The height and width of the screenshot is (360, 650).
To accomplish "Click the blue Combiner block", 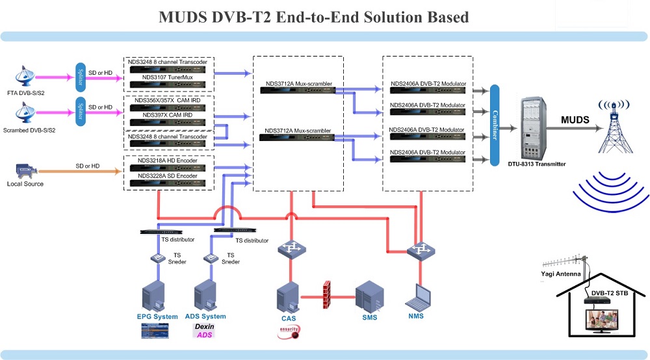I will click(x=494, y=124).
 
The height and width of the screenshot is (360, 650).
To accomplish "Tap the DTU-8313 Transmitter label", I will click(x=537, y=164).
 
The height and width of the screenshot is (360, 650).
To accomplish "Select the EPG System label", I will click(x=157, y=316).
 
